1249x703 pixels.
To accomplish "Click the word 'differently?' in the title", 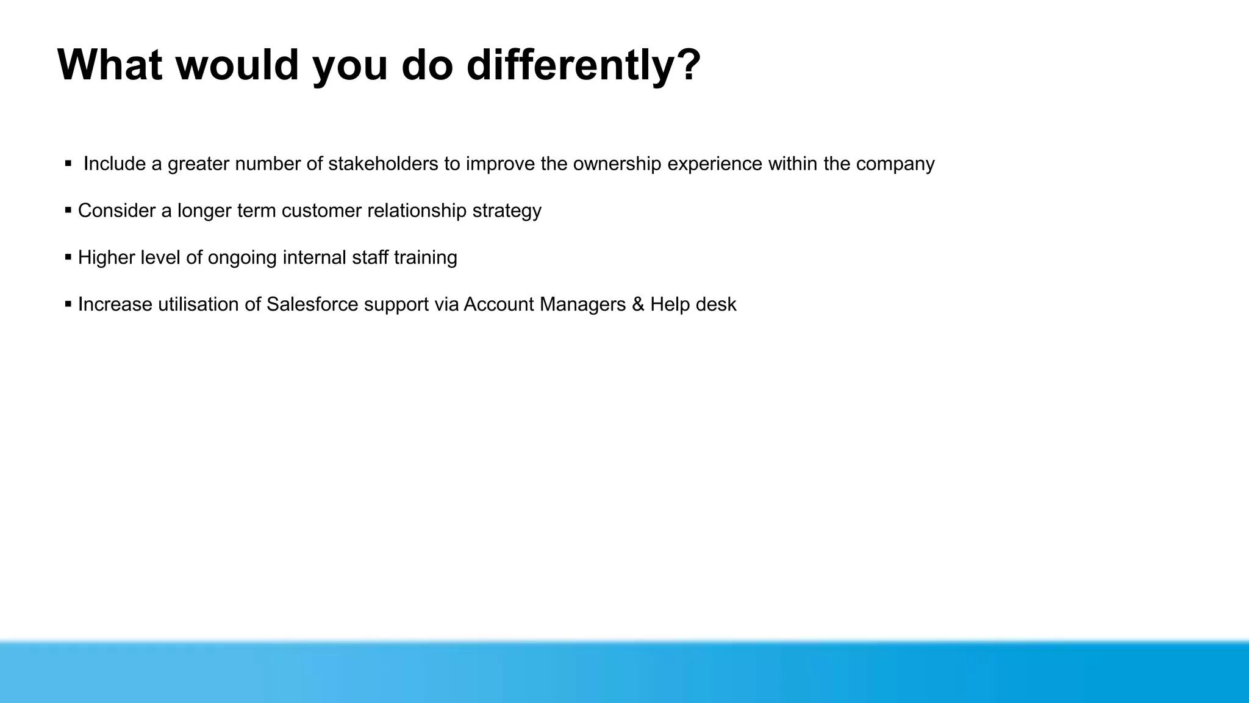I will pos(584,65).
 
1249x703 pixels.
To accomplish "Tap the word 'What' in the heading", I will pos(110,65).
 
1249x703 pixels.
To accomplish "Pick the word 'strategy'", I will pos(507,211).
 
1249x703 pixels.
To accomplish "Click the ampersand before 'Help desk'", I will pos(638,304).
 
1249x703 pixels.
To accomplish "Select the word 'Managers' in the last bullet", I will pos(582,304).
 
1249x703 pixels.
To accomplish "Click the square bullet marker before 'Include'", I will pos(68,164).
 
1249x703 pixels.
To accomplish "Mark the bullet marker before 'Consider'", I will pos(68,211).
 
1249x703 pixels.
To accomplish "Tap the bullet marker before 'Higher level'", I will pos(68,258).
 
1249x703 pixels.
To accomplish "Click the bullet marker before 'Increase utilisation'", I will pos(68,304).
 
